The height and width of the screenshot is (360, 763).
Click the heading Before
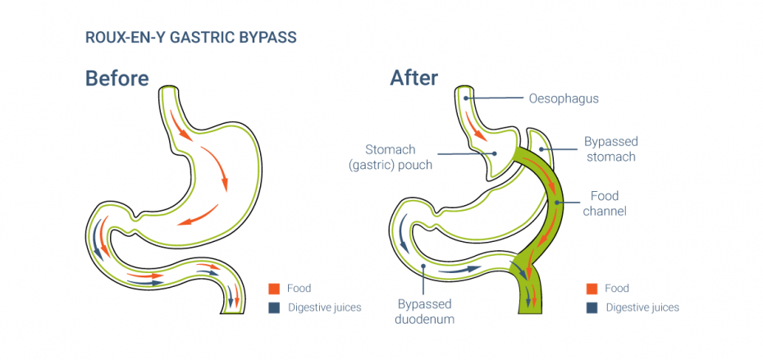[x=117, y=78]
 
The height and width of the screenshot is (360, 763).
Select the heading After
[x=413, y=78]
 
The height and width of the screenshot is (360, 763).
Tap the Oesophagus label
[x=562, y=99]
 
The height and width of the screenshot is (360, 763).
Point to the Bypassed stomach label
[x=610, y=149]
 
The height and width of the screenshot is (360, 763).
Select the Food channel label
[x=605, y=203]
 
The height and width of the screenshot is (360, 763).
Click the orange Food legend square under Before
[x=275, y=289]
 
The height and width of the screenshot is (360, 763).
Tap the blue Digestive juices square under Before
[x=275, y=308]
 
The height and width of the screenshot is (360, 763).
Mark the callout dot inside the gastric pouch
[x=495, y=153]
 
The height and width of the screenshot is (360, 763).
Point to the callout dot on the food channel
[x=557, y=201]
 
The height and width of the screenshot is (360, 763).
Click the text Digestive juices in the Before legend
[x=323, y=308]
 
